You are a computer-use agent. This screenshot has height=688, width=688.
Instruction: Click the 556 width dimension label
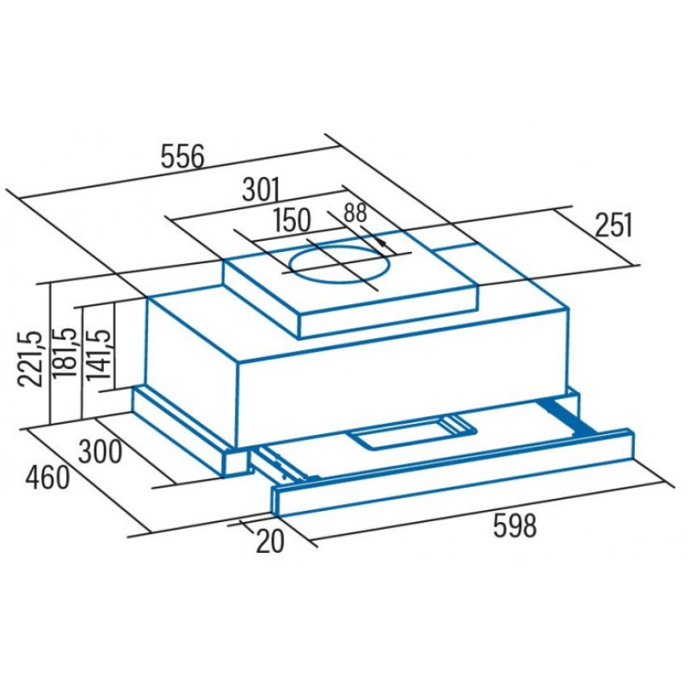182,157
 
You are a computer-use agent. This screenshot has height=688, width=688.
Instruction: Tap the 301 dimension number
261,189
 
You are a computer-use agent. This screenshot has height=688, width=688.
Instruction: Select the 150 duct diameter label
292,220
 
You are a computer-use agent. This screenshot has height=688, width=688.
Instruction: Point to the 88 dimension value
355,212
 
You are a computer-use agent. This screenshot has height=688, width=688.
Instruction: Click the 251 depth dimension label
613,225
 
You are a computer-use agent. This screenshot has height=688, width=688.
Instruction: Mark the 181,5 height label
64,352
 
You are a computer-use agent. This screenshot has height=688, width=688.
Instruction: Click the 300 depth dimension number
100,452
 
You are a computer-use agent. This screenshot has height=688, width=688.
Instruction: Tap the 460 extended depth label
47,478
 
